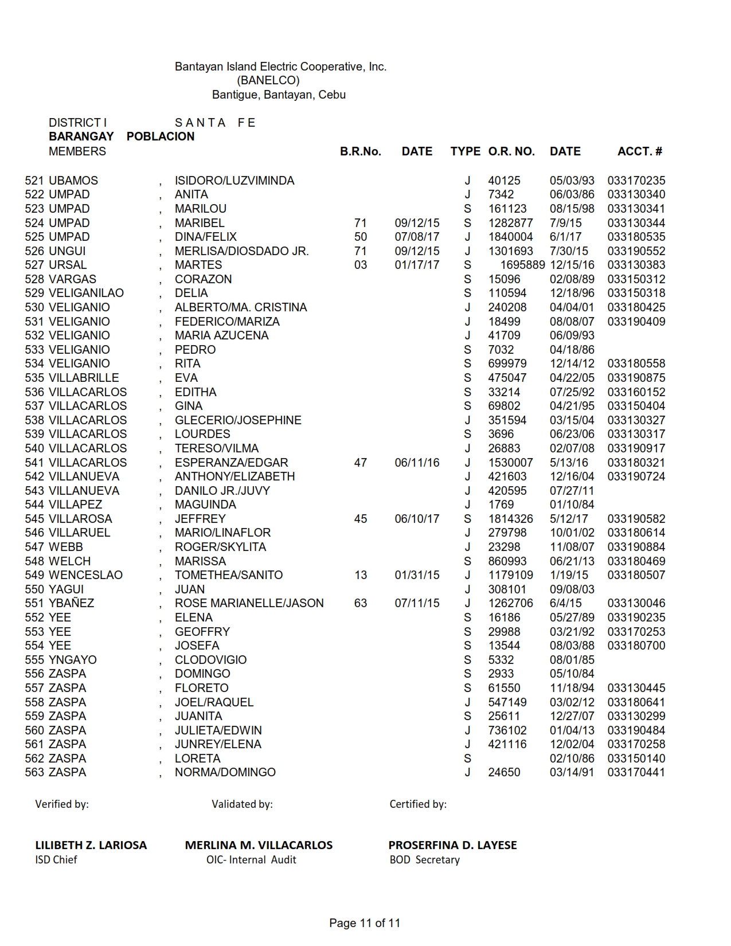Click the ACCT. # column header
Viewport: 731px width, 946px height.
click(x=639, y=151)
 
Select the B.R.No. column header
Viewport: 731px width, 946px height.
click(x=360, y=151)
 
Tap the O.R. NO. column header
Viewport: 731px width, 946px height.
click(x=511, y=151)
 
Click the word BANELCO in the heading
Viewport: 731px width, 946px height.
click(x=268, y=80)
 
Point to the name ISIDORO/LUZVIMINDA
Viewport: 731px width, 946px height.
click(x=234, y=181)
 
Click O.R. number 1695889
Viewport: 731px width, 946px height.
click(x=522, y=265)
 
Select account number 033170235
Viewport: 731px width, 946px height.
click(x=636, y=181)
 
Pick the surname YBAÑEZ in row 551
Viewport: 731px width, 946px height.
click(x=71, y=603)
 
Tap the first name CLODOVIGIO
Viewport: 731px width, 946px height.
click(x=210, y=660)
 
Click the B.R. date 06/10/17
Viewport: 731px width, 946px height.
click(x=417, y=519)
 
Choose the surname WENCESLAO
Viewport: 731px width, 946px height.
click(x=85, y=575)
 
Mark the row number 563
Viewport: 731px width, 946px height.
click(x=34, y=772)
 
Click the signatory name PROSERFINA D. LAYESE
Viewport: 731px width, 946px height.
click(x=452, y=845)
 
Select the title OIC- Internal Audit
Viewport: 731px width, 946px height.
click(x=251, y=859)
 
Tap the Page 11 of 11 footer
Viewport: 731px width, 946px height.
click(x=365, y=923)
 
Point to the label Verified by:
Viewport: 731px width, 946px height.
click(x=62, y=804)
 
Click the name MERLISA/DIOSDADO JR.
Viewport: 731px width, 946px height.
click(x=241, y=251)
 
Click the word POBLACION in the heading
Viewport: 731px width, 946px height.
click(x=161, y=136)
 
